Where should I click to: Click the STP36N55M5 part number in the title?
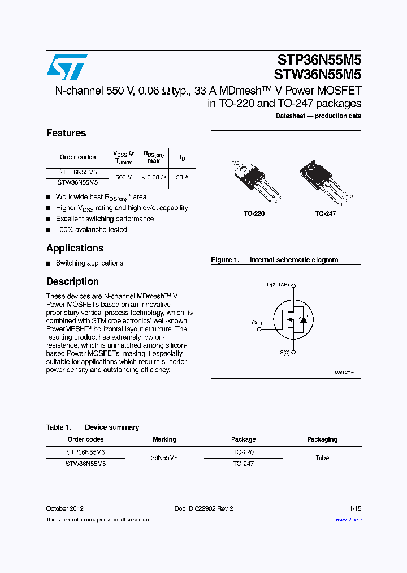coord(319,61)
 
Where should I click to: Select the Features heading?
coord(66,133)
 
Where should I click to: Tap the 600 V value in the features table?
coord(123,177)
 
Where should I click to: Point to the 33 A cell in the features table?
coord(182,177)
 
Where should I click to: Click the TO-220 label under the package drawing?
coord(254,214)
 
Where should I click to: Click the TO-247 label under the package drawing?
coord(326,214)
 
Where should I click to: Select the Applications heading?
coord(75,248)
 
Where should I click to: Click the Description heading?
coord(72,281)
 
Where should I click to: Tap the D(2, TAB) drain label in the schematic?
coord(278,285)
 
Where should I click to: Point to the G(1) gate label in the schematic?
coord(257,323)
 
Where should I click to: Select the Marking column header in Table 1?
coord(164,439)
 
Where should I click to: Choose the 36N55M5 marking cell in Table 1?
coord(164,458)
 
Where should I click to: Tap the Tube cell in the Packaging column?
coord(322,458)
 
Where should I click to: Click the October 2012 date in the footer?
coord(64,508)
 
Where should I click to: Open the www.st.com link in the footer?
coord(348,520)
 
